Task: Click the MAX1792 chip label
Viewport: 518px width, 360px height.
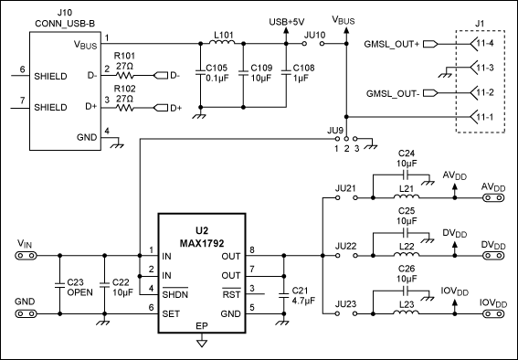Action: coord(202,243)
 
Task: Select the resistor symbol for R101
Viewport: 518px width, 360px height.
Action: coord(124,76)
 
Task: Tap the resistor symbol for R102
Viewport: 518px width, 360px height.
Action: coord(124,108)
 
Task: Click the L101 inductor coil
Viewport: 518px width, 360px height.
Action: coord(222,42)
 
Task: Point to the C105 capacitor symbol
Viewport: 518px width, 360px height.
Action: coord(200,73)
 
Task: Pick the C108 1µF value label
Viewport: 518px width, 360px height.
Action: coord(301,79)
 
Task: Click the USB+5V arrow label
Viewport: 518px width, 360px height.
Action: coord(287,22)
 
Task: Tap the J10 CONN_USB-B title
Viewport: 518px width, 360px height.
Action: coord(65,18)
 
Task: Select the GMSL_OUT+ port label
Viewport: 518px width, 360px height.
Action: coord(392,44)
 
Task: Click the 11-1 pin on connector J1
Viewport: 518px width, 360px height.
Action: coord(481,117)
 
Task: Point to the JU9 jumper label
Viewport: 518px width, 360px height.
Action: coord(336,130)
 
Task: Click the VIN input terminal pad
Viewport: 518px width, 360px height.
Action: coord(26,256)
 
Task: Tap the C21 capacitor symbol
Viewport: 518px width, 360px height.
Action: coord(283,295)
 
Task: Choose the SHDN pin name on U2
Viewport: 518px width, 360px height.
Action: coord(175,293)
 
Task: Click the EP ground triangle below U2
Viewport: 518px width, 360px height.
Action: coord(202,343)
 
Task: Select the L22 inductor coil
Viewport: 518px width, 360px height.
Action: coord(407,254)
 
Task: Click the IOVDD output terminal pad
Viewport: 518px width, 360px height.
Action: coord(493,313)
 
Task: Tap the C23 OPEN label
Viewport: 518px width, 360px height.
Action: coord(80,287)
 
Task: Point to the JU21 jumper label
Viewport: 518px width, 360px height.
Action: coord(345,188)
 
